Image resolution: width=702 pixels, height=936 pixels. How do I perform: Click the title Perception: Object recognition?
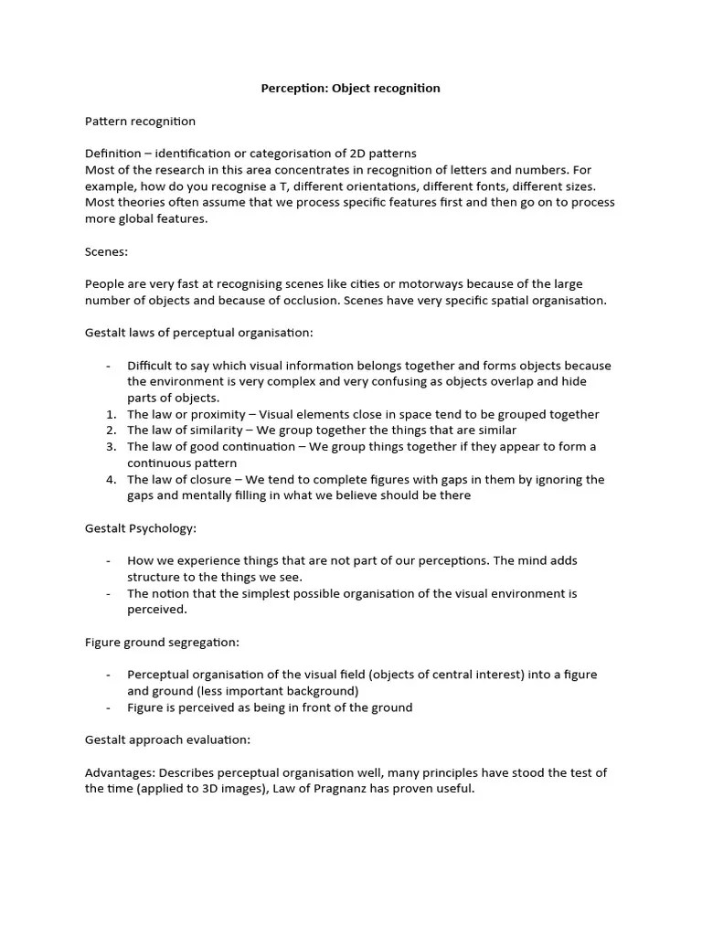pos(351,89)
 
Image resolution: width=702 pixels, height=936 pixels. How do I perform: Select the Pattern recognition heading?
pos(140,121)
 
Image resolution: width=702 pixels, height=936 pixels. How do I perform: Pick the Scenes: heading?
pos(106,251)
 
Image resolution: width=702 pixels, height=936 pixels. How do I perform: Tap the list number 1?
pos(111,414)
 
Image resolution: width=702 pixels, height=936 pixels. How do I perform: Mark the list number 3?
pos(111,447)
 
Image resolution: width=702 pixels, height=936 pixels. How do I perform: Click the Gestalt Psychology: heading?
pos(141,528)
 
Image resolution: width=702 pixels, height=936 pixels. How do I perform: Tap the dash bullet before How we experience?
pos(109,560)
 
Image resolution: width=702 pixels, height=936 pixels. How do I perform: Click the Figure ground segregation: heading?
pos(162,643)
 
